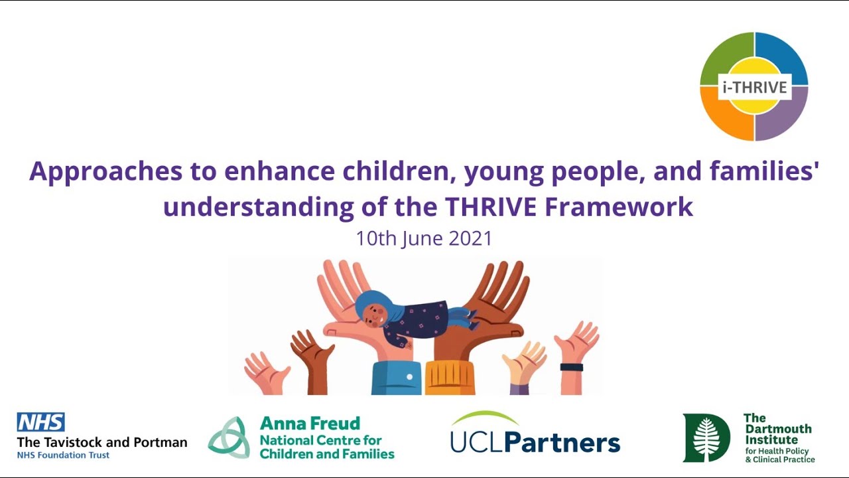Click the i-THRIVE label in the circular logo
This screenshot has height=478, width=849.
754,87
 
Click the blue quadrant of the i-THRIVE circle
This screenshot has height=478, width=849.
786,57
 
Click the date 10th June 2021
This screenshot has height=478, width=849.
424,238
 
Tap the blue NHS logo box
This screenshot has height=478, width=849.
40,422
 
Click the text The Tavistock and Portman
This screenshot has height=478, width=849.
101,442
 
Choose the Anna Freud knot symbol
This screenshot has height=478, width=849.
229,438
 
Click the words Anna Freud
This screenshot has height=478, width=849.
310,424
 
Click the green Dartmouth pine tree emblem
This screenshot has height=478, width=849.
706,438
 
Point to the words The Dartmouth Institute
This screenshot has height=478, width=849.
777,429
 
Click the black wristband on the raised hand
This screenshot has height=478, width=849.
571,367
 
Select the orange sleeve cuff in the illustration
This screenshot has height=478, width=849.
450,378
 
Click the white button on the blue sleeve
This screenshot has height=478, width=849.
409,377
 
